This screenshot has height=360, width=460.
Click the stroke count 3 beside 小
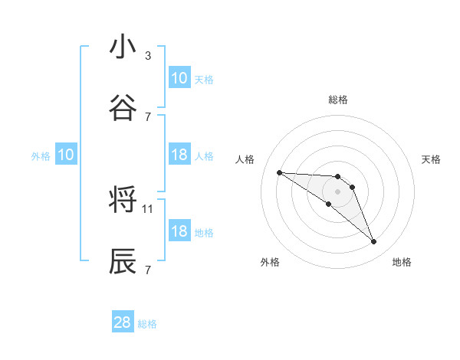(148, 55)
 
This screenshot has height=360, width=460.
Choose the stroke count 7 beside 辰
(148, 270)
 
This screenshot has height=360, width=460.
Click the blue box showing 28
(123, 322)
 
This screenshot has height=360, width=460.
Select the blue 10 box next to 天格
(179, 77)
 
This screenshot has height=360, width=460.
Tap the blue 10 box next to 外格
(66, 155)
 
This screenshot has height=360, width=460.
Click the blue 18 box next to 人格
(179, 155)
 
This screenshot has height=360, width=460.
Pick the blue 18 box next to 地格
(179, 231)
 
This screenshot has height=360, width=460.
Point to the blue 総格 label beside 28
(148, 324)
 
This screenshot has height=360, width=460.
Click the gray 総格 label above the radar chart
(337, 100)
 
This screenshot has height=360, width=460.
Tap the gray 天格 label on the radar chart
(432, 159)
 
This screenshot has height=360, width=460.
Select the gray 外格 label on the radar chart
(270, 262)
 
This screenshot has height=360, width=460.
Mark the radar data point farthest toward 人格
(280, 172)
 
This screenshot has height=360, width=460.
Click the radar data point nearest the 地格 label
(373, 242)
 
